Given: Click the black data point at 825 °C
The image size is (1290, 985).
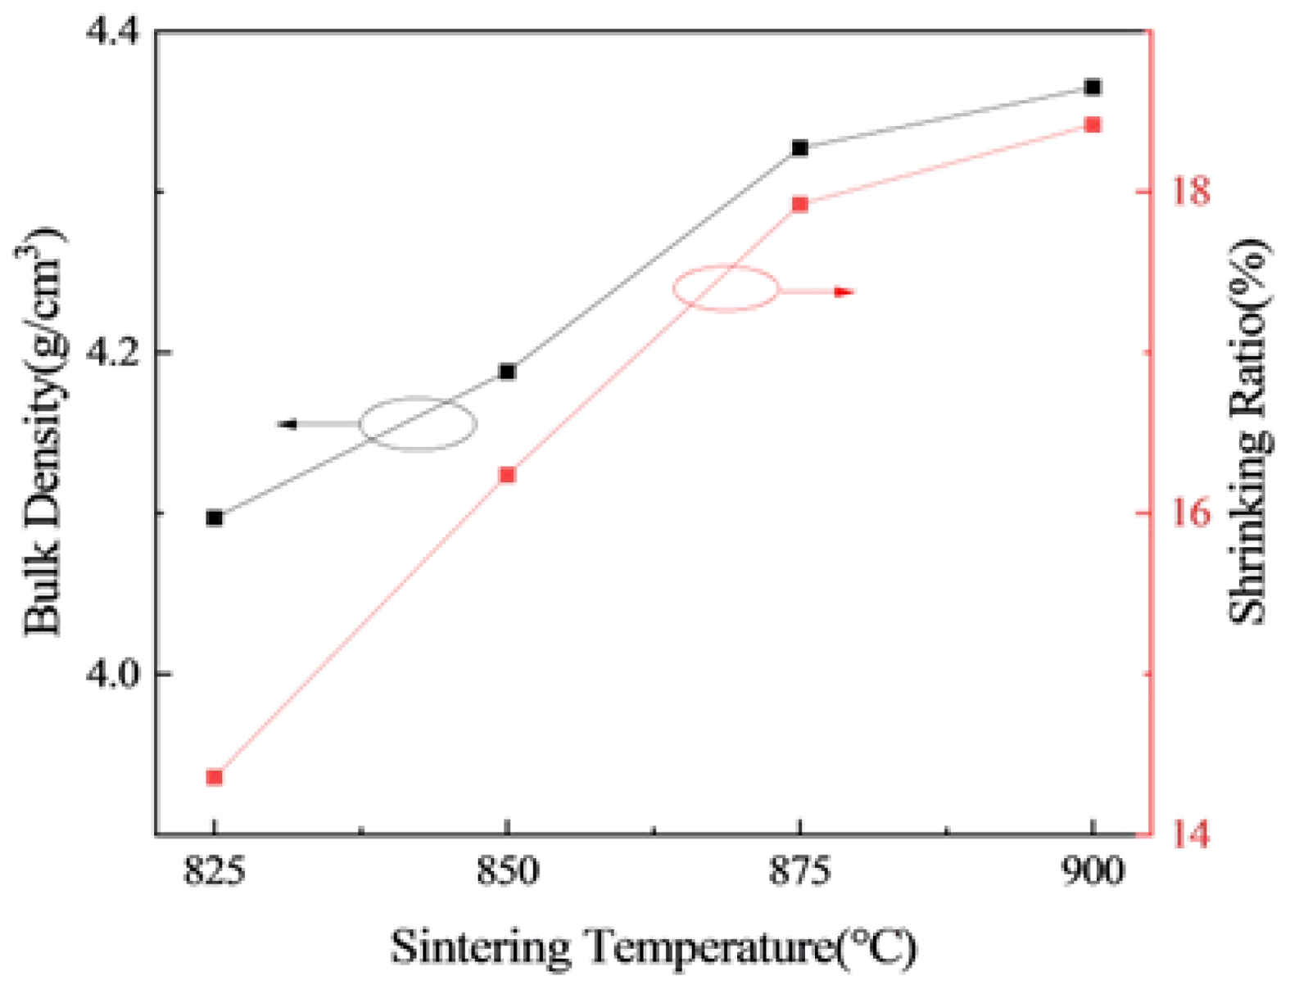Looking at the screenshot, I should (215, 517).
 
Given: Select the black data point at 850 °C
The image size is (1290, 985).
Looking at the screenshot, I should (507, 372).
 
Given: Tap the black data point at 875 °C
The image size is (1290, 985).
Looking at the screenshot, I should (800, 148).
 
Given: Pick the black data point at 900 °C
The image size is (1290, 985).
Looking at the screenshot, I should (1093, 87).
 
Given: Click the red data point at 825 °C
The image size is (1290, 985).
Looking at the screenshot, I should (215, 777).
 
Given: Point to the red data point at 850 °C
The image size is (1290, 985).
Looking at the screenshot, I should (507, 475).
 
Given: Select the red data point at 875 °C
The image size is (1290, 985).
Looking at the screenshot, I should (800, 205).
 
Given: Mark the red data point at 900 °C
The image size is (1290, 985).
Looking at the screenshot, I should (1093, 125).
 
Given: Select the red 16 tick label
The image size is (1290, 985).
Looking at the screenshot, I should (1187, 513).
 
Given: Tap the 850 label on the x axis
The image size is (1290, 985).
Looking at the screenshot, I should (508, 871).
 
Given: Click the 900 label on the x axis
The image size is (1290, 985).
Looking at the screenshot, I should (1093, 871).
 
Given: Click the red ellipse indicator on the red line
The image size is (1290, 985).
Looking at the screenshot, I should (726, 288).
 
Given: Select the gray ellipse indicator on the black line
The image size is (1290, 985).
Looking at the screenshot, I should (419, 423).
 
